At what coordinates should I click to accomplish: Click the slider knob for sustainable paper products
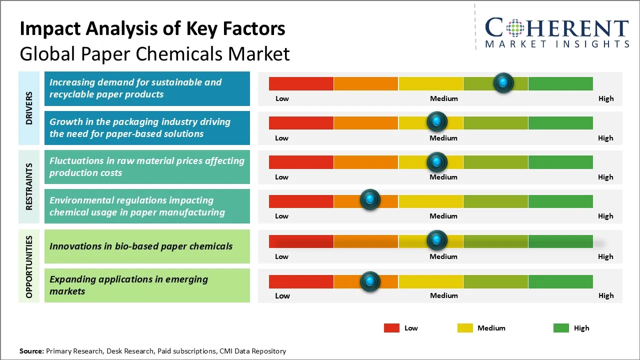503,82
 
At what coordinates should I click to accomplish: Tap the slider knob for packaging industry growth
437,121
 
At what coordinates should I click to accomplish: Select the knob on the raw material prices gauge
437,161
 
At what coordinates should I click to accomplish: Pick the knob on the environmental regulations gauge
370,200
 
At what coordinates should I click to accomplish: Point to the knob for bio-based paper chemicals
437,240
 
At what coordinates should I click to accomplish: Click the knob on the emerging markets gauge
370,281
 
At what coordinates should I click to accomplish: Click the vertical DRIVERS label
29,107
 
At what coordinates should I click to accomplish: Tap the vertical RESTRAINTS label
29,186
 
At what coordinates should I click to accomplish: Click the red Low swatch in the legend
391,328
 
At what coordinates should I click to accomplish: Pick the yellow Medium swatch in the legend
465,328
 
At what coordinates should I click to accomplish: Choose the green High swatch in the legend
561,328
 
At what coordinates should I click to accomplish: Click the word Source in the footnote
31,351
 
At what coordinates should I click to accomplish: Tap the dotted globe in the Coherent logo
515,28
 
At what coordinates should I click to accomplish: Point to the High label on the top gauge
606,98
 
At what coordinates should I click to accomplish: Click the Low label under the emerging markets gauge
282,296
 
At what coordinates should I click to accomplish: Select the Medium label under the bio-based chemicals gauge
443,256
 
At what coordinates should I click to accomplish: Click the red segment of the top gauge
301,83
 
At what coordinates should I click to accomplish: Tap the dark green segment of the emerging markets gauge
560,281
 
